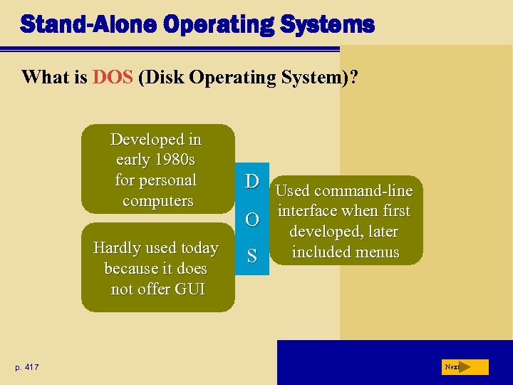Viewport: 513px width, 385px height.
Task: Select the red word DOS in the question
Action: coord(113,77)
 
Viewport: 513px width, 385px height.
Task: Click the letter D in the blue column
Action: coord(252,181)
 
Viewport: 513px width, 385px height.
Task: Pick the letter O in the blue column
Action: coord(252,219)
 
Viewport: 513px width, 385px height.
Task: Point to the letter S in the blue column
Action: coord(252,256)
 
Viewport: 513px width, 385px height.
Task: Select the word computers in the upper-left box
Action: coord(157,200)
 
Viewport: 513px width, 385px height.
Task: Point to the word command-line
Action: coord(370,191)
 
